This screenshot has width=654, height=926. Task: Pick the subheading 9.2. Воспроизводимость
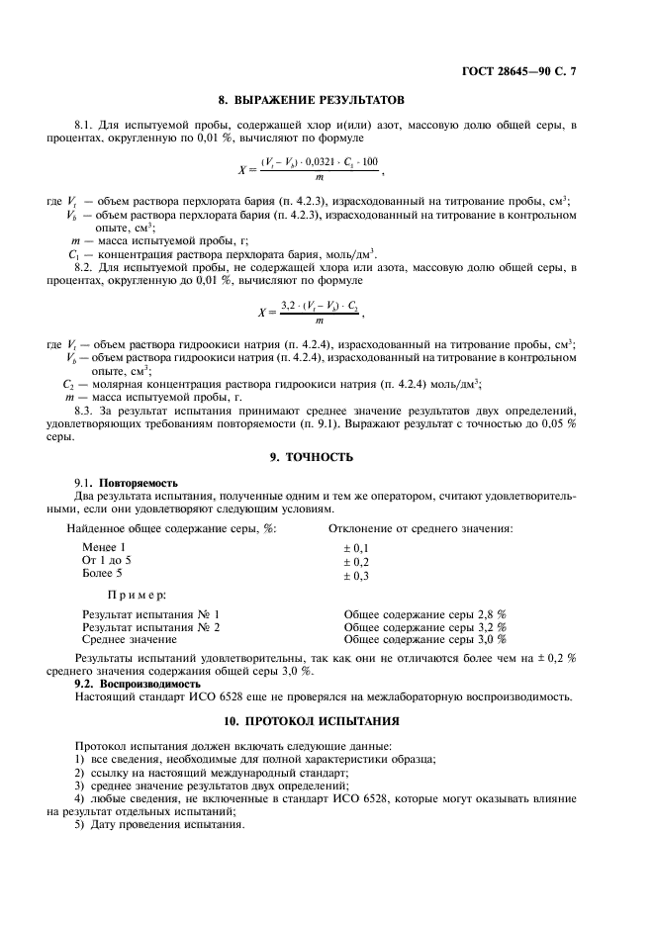pyautogui.click(x=125, y=684)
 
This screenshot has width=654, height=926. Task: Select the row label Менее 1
pyautogui.click(x=104, y=547)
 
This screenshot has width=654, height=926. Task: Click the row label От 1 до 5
pyautogui.click(x=106, y=560)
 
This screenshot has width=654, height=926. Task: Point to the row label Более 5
pyautogui.click(x=103, y=573)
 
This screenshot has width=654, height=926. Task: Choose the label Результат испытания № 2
pyautogui.click(x=150, y=627)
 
